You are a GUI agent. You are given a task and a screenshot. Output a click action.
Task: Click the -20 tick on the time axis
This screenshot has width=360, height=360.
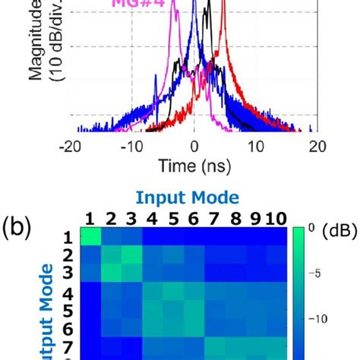71,146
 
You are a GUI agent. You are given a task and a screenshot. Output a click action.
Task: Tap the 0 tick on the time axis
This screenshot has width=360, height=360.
194,146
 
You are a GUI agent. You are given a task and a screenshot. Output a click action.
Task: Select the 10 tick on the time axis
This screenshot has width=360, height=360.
256,146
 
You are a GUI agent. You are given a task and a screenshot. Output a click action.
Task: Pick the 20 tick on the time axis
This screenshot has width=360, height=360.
317,146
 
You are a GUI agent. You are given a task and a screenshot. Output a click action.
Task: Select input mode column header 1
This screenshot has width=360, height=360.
90,219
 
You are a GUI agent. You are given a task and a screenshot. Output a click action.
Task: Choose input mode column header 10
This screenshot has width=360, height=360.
276,219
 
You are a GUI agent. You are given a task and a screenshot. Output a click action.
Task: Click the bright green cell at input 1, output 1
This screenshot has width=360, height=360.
90,237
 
